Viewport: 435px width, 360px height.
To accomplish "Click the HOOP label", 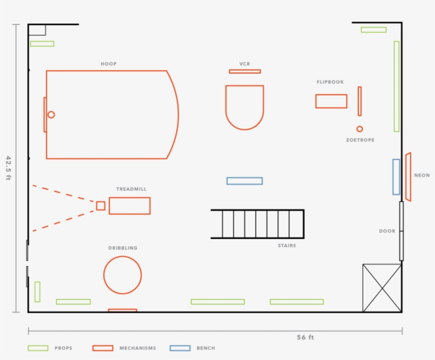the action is pyautogui.click(x=108, y=64).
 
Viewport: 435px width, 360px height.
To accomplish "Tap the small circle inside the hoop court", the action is pyautogui.click(x=51, y=115).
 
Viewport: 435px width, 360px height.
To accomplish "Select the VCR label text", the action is pyautogui.click(x=245, y=64).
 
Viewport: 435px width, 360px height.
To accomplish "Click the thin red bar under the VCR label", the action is pyautogui.click(x=245, y=72).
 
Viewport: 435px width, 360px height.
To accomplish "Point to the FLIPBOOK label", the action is pyautogui.click(x=330, y=82).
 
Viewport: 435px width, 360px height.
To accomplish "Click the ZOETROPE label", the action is pyautogui.click(x=360, y=140).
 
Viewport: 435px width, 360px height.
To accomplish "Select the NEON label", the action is pyautogui.click(x=422, y=175).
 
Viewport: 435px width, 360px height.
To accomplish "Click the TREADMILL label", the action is pyautogui.click(x=131, y=189).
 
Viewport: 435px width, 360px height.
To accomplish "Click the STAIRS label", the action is pyautogui.click(x=287, y=245).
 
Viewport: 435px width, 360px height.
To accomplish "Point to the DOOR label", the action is pyautogui.click(x=387, y=231).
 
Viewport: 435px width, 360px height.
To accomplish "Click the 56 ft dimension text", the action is pyautogui.click(x=305, y=337).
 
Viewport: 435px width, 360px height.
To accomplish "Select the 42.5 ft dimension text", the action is pyautogui.click(x=8, y=168).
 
